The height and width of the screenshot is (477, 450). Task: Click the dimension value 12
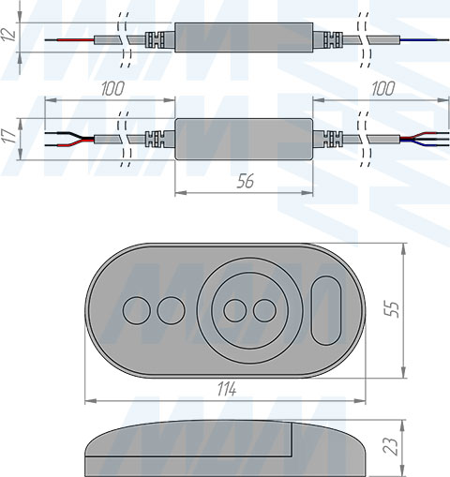[8, 35]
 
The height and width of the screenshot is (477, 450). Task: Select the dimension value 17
[9, 136]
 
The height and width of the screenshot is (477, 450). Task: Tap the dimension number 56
[246, 181]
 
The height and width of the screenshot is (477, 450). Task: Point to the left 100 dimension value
[112, 89]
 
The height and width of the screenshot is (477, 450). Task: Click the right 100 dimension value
[382, 89]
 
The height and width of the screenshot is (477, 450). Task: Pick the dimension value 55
[393, 309]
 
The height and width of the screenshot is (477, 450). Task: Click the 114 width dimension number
[227, 389]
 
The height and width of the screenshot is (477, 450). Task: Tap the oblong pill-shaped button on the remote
[326, 310]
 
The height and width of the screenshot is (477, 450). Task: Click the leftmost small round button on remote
[137, 310]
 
